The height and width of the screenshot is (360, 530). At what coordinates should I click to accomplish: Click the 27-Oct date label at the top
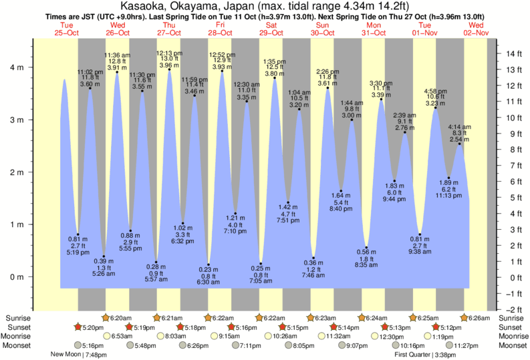pyautogui.click(x=168, y=33)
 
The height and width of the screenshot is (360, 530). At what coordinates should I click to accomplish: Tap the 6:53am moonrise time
pyautogui.click(x=122, y=337)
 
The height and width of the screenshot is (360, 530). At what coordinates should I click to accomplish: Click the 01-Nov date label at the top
pyautogui.click(x=424, y=33)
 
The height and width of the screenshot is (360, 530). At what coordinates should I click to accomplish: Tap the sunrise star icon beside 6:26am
pyautogui.click(x=466, y=317)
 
